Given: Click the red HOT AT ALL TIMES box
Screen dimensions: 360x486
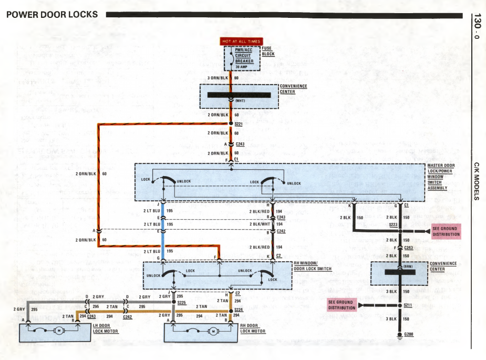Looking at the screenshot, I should point(241,41).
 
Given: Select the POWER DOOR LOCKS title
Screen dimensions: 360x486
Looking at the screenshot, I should point(52,14).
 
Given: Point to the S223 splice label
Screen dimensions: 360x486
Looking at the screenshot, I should point(393,224).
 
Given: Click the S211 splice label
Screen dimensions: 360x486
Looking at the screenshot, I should point(408,305).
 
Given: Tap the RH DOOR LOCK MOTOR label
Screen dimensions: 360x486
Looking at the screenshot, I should point(253,328).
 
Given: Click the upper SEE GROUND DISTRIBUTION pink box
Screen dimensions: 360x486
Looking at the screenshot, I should point(446,231).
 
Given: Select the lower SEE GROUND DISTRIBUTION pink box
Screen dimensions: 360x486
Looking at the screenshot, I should point(342,305).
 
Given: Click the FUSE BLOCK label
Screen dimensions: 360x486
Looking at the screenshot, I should point(268,51).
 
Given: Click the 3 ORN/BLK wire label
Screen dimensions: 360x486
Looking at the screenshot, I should point(219,77).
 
